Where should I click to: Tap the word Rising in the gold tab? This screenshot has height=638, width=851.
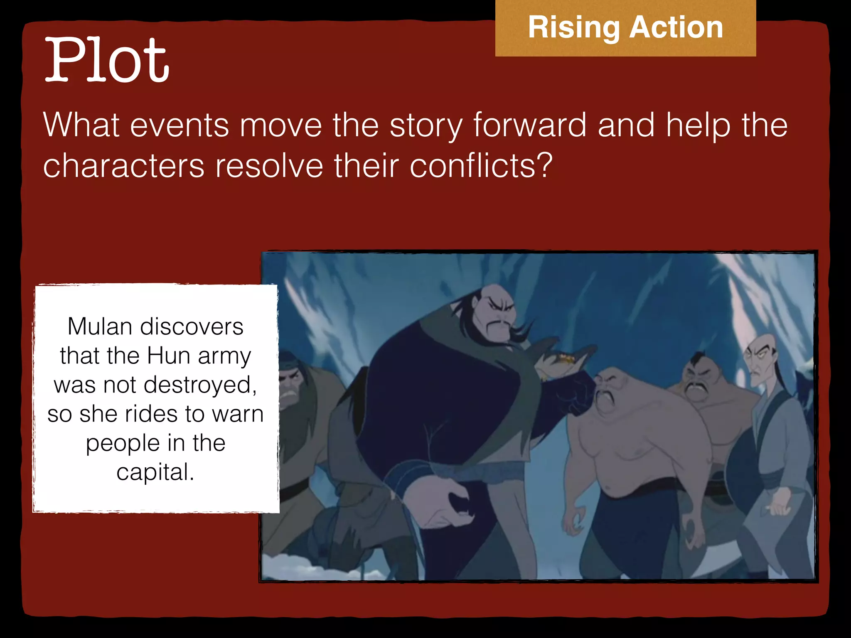[573, 28]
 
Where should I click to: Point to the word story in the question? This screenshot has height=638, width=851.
[425, 125]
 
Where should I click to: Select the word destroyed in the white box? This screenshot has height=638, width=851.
[200, 385]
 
